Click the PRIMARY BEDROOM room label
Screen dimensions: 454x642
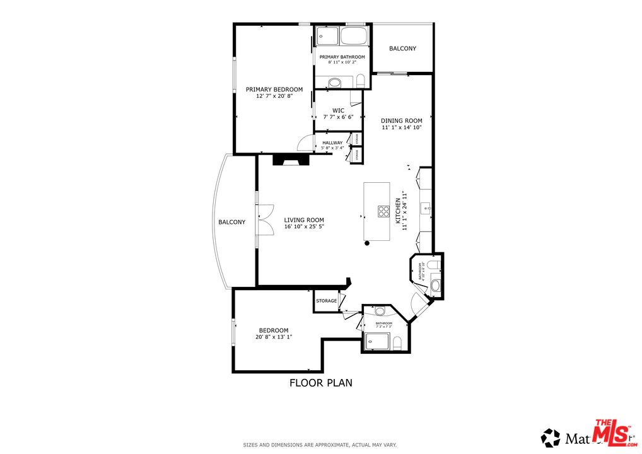click(274, 90)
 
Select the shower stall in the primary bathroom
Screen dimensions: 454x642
click(327, 36)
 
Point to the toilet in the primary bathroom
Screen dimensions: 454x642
click(361, 81)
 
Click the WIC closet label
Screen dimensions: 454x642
click(338, 110)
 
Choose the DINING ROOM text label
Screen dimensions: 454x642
click(401, 120)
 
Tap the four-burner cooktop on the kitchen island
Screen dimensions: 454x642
click(383, 211)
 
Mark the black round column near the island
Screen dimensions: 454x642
click(366, 243)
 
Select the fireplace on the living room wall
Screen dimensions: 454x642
click(291, 160)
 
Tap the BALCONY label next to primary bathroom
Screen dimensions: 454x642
click(402, 49)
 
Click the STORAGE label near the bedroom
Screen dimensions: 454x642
click(326, 301)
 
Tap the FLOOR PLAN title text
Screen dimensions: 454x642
click(320, 382)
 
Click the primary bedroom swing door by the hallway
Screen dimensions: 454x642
click(306, 143)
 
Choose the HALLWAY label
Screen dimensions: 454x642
click(332, 143)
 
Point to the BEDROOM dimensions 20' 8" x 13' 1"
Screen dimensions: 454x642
click(274, 337)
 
